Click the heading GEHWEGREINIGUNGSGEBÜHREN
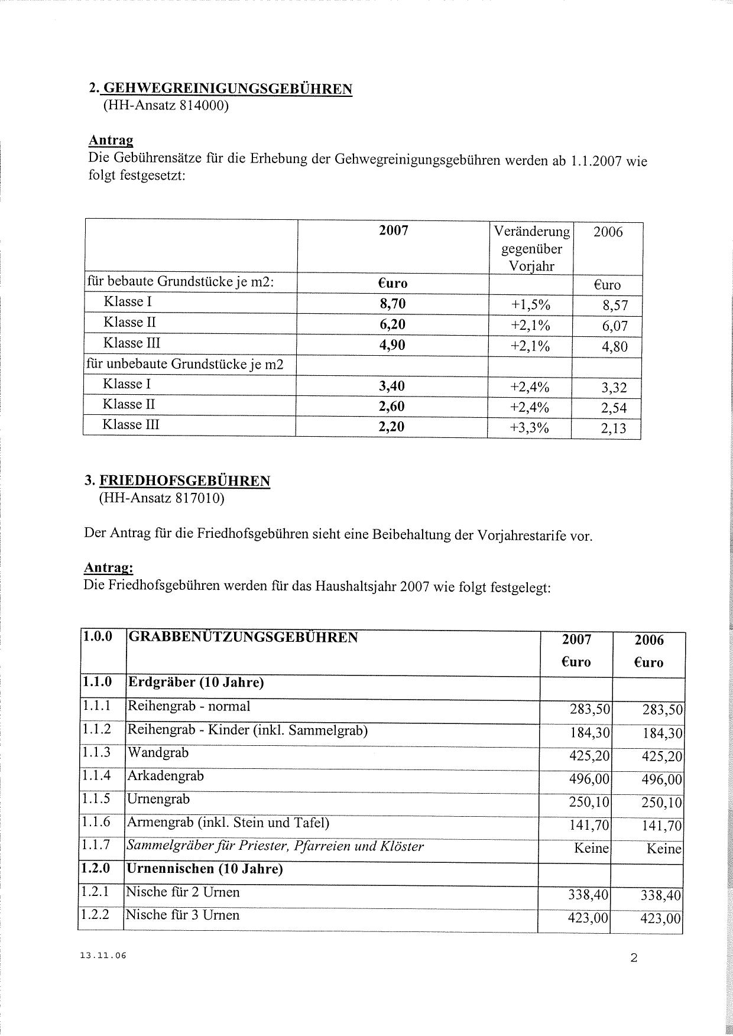pyautogui.click(x=227, y=89)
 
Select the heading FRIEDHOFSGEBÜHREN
pyautogui.click(x=184, y=480)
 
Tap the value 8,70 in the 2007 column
pyautogui.click(x=393, y=304)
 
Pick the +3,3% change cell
pyautogui.click(x=530, y=427)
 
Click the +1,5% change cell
pyautogui.click(x=530, y=305)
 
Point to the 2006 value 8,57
pyautogui.click(x=615, y=306)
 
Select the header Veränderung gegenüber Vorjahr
pyautogui.click(x=531, y=249)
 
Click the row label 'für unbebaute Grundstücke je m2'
pyautogui.click(x=185, y=364)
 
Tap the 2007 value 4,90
pyautogui.click(x=392, y=345)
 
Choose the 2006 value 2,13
pyautogui.click(x=614, y=428)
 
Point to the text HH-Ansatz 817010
pyautogui.click(x=162, y=498)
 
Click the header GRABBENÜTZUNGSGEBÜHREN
pyautogui.click(x=243, y=637)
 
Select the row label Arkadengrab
pyautogui.click(x=166, y=775)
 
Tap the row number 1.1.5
pyautogui.click(x=96, y=799)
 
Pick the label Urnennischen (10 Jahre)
pyautogui.click(x=205, y=869)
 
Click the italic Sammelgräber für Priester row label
pyautogui.click(x=275, y=846)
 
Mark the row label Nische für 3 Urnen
pyautogui.click(x=183, y=915)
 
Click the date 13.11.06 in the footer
pyautogui.click(x=103, y=956)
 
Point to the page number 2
pyautogui.click(x=634, y=958)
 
